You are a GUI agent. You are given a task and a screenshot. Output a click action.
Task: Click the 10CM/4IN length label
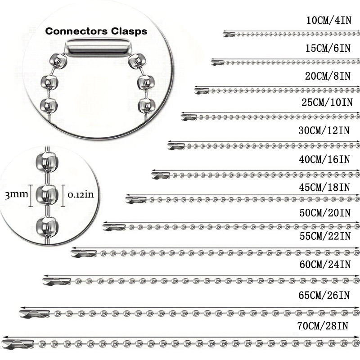[x=329, y=20]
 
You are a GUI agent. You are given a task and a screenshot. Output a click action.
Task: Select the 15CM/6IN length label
[x=328, y=48]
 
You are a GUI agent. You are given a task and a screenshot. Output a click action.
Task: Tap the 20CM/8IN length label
[x=328, y=76]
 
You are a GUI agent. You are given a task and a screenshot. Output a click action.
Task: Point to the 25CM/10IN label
[x=327, y=102]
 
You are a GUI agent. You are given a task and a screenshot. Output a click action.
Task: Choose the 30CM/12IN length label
[x=324, y=130]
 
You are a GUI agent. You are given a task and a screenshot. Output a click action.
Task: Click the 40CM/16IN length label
[x=324, y=159]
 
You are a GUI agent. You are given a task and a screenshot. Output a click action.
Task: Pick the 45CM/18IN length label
[x=324, y=187]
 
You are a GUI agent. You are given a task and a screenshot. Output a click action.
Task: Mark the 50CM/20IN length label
[x=325, y=213]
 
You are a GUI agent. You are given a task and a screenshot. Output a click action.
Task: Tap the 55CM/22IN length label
[x=325, y=236]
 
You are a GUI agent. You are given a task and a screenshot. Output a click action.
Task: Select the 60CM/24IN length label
[x=325, y=265]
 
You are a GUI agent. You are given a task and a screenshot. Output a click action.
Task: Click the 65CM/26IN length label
[x=324, y=295]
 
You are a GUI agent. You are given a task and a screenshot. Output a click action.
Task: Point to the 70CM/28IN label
[x=323, y=326]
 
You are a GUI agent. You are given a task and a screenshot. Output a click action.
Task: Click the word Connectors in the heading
[x=76, y=31]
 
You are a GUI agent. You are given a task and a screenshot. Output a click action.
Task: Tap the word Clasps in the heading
[x=129, y=31]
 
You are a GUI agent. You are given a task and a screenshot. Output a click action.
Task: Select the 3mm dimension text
[x=16, y=195]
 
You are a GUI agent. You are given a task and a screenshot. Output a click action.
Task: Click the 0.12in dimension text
[x=81, y=195]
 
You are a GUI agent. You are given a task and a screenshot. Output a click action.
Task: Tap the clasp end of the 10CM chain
[x=229, y=35]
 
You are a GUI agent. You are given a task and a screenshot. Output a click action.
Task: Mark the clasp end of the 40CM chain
[x=161, y=175]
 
